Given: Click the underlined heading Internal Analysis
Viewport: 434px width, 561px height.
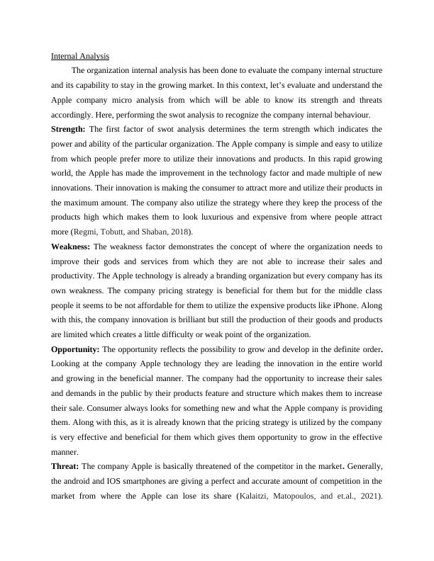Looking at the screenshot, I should (80, 55).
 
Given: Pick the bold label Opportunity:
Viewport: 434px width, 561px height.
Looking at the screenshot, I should (75, 350).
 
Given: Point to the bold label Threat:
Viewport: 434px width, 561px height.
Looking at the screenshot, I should (65, 467).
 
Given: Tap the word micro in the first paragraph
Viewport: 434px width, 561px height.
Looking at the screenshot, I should (125, 100).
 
